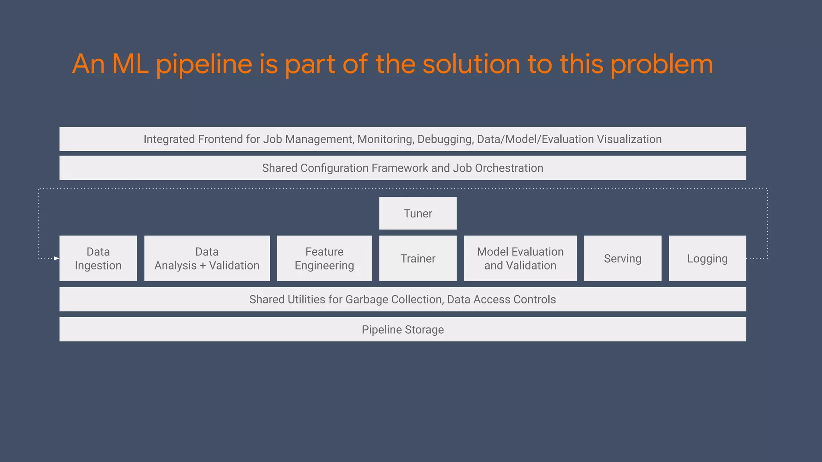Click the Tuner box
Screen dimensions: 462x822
418,213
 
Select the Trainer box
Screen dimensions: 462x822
418,259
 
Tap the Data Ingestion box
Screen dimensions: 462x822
98,259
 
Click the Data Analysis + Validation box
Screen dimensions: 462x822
207,259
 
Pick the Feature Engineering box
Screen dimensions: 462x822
324,259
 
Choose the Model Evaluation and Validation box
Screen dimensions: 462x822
520,259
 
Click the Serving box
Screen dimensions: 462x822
623,259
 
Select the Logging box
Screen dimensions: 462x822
707,259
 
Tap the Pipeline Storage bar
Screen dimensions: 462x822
403,330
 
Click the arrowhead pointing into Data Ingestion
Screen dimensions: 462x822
57,258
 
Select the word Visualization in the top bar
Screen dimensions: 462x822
629,139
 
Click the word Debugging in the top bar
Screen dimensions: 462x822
445,139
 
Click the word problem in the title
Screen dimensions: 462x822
661,64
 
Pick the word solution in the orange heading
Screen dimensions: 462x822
471,64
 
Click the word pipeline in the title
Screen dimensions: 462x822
204,64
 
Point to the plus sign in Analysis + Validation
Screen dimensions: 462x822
203,266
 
